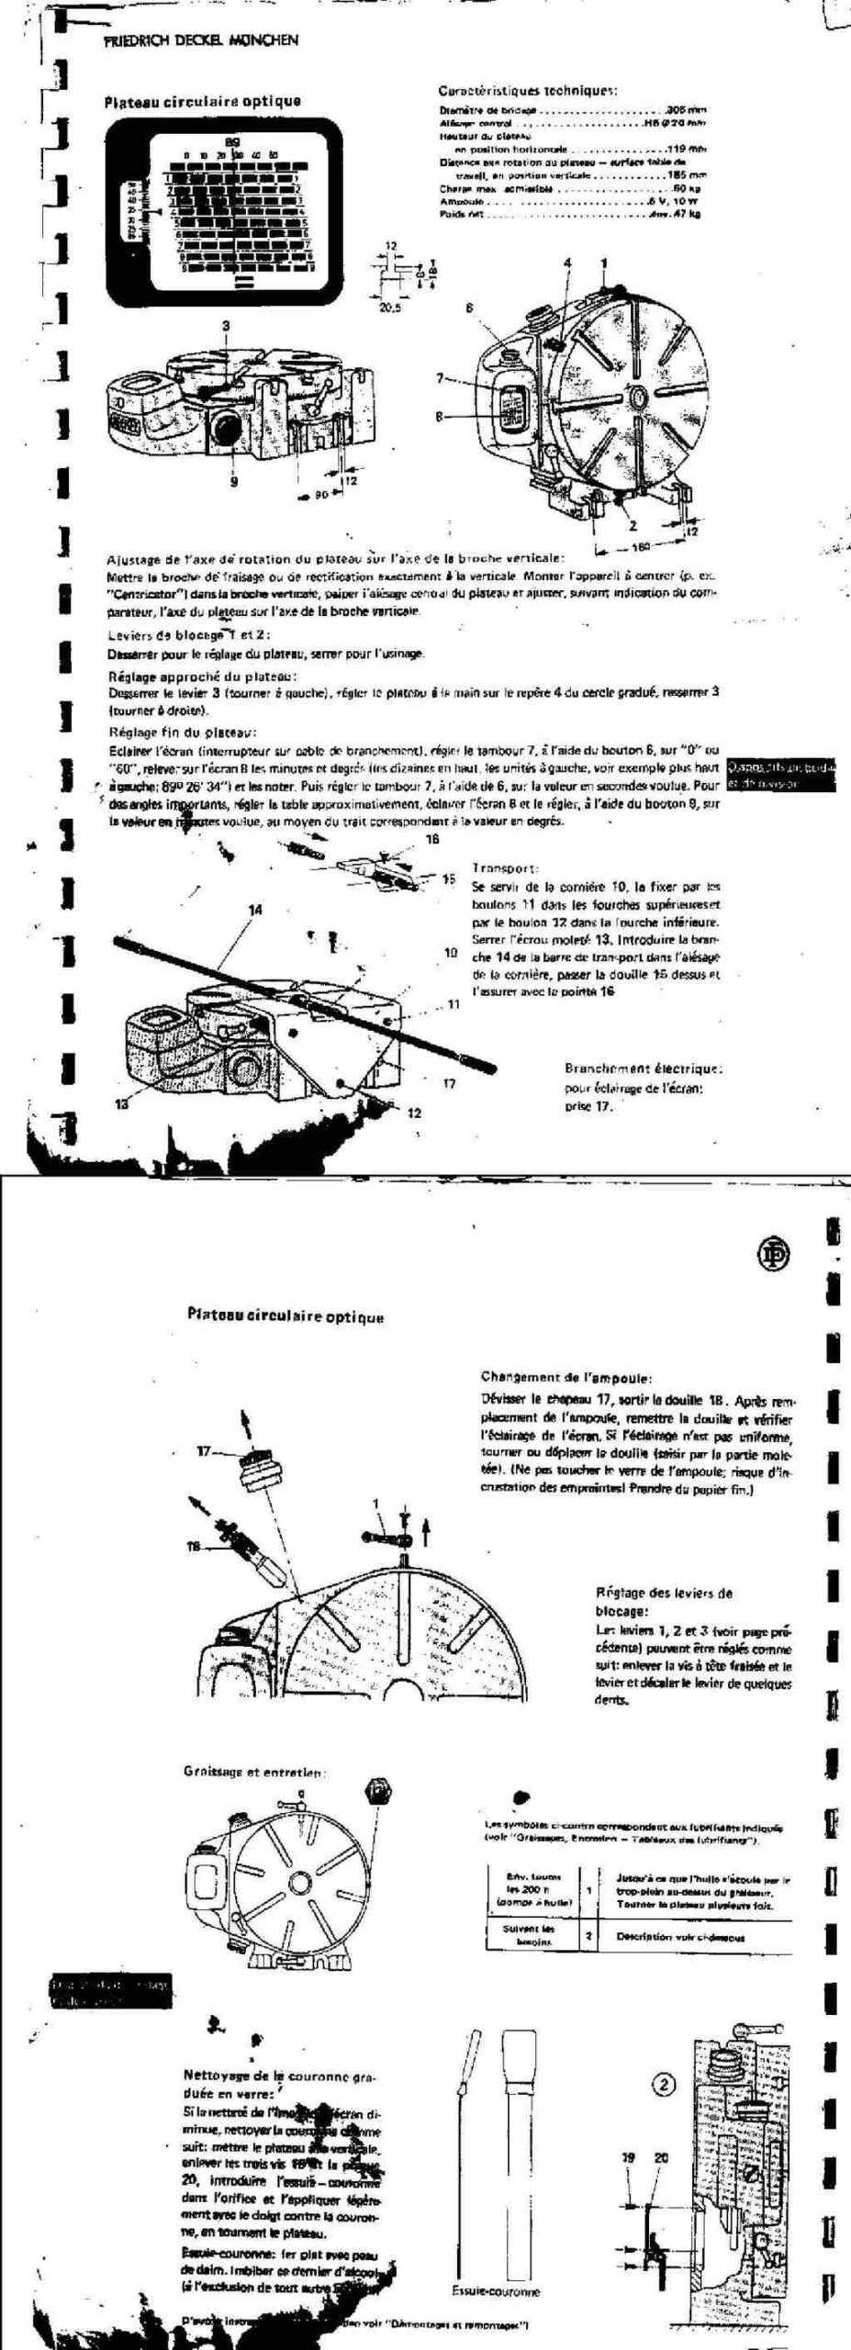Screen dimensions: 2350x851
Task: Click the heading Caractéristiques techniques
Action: coord(526,91)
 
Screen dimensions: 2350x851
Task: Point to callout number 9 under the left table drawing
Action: coord(233,479)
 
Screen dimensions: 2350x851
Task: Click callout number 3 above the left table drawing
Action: coord(226,325)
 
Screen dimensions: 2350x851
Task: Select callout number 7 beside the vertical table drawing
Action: coord(440,377)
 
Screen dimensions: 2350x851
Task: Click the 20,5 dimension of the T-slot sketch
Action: coord(391,308)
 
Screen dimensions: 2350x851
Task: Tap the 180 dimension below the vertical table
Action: coord(643,548)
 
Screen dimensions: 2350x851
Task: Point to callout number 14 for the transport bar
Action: coord(255,909)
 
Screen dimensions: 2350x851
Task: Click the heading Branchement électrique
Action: coord(644,1069)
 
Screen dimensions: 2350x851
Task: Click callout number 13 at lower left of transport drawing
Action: coord(122,1104)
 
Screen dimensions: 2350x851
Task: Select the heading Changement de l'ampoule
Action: coord(566,1377)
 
